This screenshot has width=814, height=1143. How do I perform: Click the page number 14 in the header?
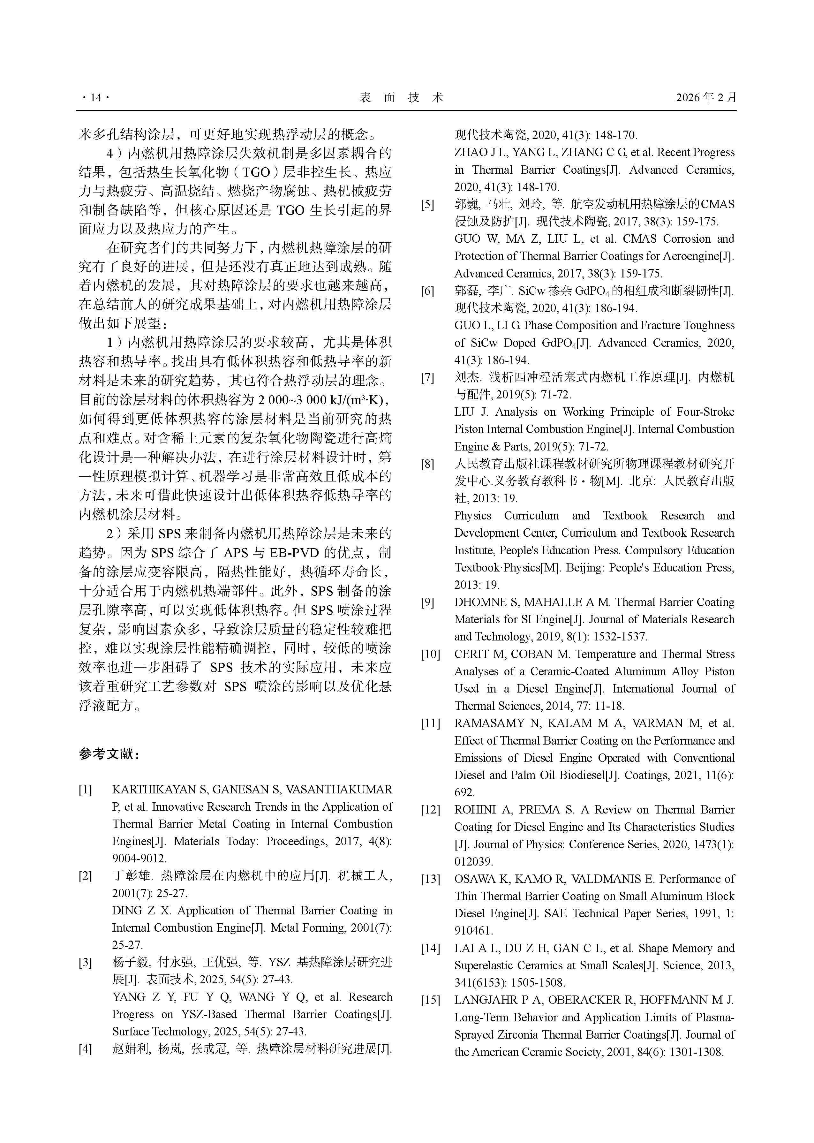pyautogui.click(x=95, y=98)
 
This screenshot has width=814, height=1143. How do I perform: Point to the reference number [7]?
pyautogui.click(x=427, y=377)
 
